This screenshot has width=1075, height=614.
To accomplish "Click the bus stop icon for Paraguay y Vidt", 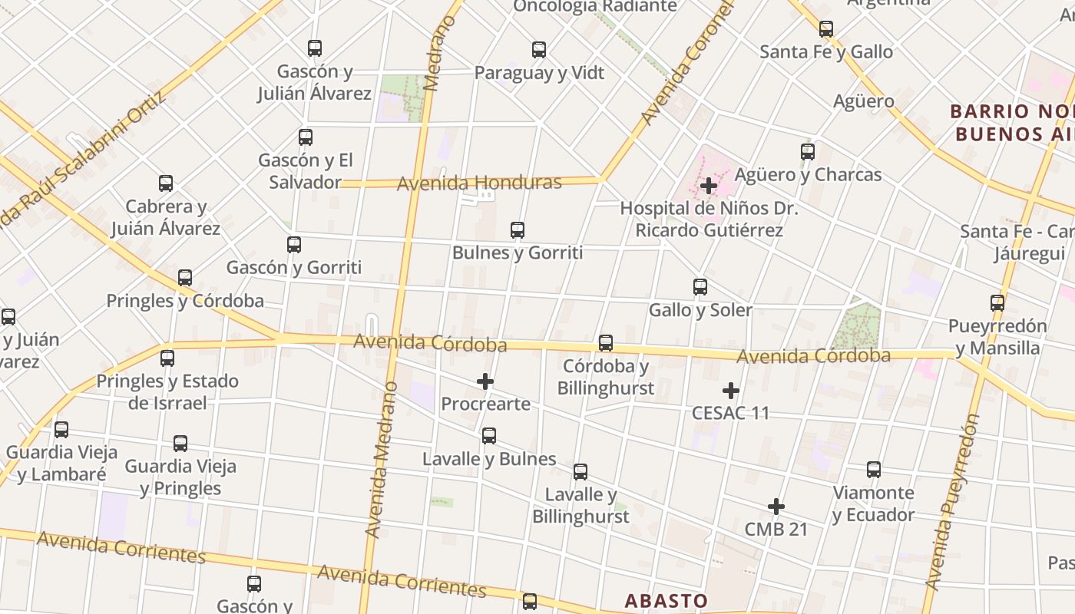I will [x=539, y=50].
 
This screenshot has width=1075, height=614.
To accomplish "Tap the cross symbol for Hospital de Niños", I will [x=709, y=185].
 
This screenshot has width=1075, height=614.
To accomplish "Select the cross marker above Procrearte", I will [x=485, y=381].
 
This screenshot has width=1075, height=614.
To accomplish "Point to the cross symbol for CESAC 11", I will [x=731, y=391].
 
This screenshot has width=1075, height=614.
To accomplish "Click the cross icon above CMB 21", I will [x=776, y=507].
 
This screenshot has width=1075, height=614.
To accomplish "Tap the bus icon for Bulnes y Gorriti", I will [x=518, y=230].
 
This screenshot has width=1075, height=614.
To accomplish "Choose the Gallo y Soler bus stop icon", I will [x=700, y=287].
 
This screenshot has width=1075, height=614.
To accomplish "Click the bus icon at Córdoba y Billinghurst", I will [x=606, y=343].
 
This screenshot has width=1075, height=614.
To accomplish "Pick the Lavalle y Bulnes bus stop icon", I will [x=489, y=436].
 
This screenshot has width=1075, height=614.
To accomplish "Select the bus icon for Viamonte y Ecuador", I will [x=874, y=470].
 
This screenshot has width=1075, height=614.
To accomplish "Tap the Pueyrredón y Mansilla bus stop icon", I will [x=997, y=303].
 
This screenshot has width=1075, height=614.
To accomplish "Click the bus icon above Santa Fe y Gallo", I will [x=826, y=29].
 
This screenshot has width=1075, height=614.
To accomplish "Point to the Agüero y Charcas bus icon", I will [x=808, y=152].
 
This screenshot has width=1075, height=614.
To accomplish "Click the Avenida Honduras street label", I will [x=479, y=183].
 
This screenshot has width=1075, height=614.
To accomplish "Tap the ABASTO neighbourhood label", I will [x=666, y=600].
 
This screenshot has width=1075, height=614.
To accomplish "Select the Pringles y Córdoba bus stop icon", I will [x=185, y=278].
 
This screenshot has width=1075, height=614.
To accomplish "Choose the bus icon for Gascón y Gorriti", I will [x=294, y=245].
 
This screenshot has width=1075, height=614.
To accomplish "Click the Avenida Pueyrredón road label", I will [x=952, y=503].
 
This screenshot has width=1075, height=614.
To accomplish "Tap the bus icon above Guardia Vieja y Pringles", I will [x=180, y=443].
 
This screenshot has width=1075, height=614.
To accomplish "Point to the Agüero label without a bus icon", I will [x=864, y=101].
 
